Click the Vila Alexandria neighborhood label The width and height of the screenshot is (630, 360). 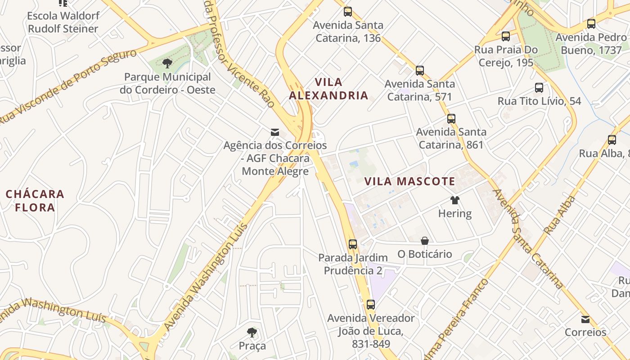(328, 89)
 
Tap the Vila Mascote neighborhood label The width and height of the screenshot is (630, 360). (409, 182)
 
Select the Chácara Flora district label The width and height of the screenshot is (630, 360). (35, 201)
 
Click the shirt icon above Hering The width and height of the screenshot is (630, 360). (454, 200)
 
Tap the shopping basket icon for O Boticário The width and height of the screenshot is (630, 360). (424, 241)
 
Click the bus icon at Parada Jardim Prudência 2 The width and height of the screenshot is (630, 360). (353, 244)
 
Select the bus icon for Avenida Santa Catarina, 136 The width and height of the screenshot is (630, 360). (348, 12)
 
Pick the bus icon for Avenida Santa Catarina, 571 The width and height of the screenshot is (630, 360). (420, 71)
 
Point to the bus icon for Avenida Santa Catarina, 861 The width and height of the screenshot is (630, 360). (451, 119)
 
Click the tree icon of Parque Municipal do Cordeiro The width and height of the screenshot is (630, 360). (167, 63)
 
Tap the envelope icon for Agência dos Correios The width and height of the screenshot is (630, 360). (274, 132)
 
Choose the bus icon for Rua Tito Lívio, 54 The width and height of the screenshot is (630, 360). (539, 88)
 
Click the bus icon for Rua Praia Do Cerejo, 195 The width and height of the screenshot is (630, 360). (506, 36)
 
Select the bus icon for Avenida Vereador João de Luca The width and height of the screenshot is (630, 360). (370, 305)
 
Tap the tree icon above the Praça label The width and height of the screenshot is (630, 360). (252, 333)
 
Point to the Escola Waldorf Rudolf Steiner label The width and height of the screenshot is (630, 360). (63, 22)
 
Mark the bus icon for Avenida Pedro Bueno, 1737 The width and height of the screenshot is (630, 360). (591, 24)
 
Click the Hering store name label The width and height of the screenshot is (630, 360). (454, 213)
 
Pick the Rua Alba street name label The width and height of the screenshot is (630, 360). (559, 215)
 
